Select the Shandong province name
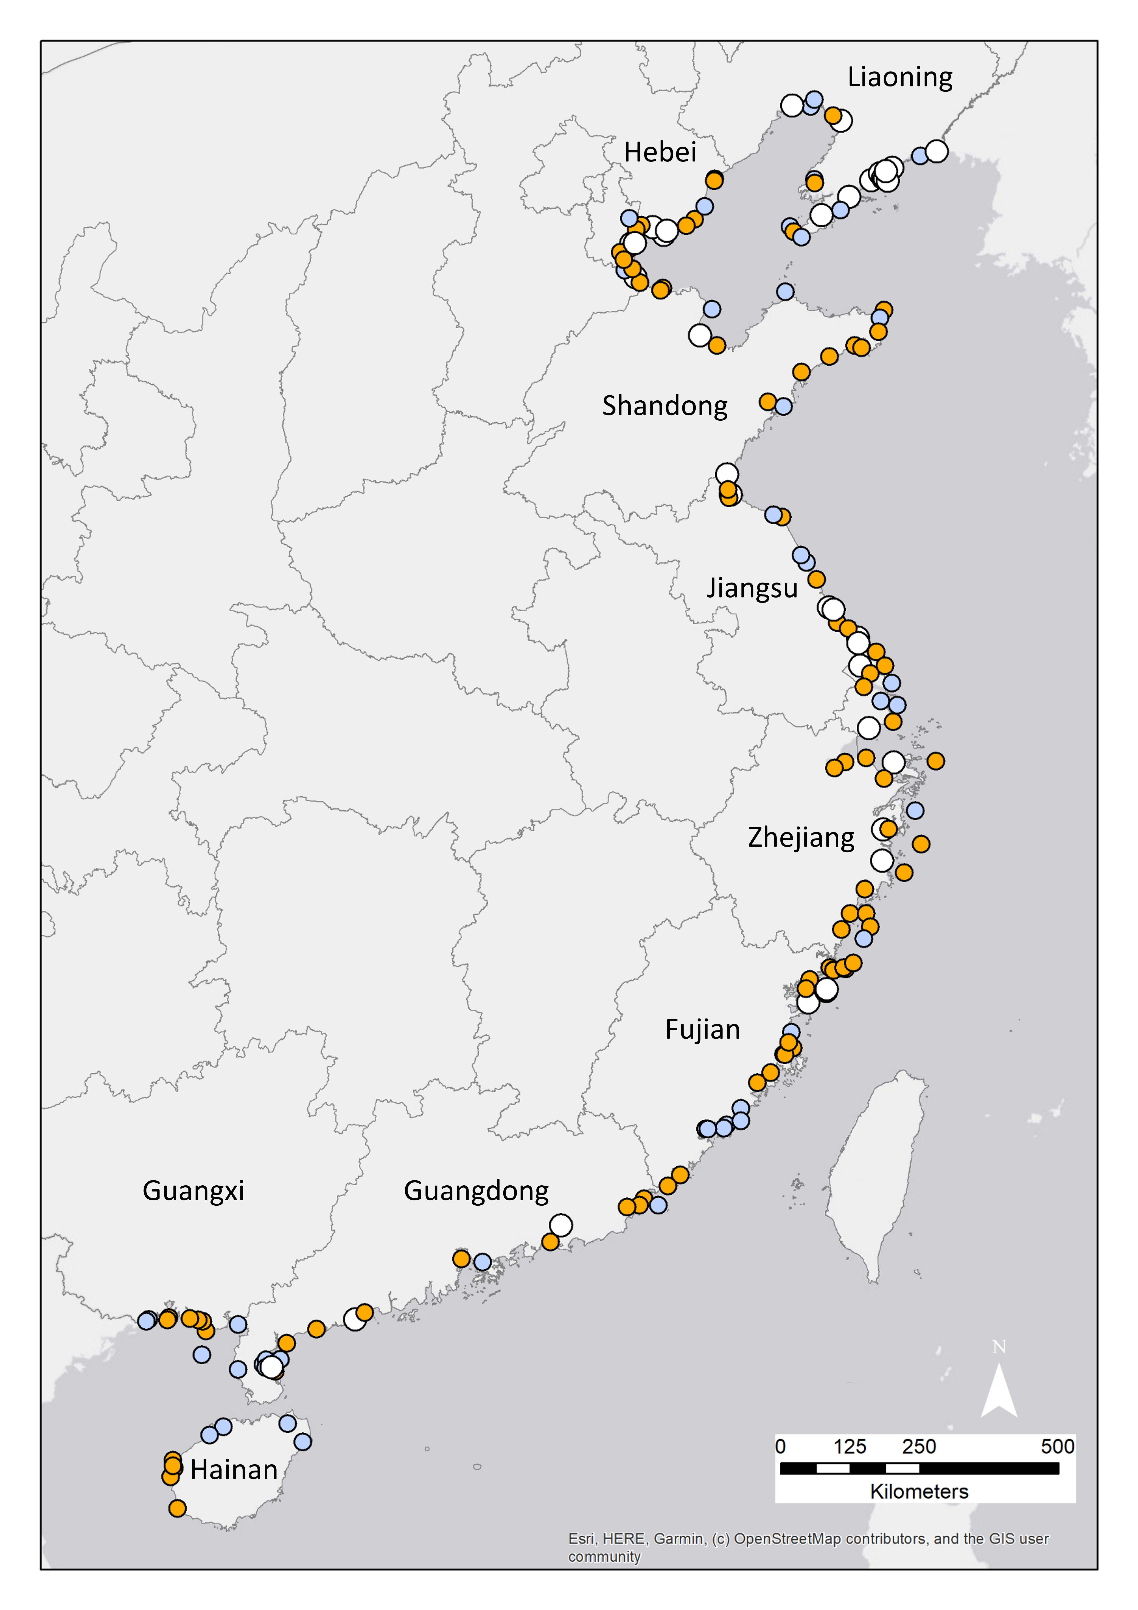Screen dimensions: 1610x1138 point(665,406)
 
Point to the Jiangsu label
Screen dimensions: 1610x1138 point(752,588)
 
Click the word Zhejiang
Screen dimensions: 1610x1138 point(801,837)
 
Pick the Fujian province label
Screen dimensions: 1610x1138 point(703,1029)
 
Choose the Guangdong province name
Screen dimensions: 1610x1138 point(476,1191)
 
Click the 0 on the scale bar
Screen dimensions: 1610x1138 point(780,1447)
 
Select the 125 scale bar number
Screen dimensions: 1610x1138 point(850,1447)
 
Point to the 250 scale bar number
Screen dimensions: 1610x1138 point(919,1447)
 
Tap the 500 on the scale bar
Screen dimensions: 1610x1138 point(1057,1447)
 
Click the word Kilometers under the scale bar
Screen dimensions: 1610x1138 point(919,1492)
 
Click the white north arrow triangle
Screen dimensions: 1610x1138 point(999,1392)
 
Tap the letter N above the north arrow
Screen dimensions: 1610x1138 point(999,1347)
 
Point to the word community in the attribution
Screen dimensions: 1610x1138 point(604,1557)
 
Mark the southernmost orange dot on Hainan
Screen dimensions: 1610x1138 point(177,1508)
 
